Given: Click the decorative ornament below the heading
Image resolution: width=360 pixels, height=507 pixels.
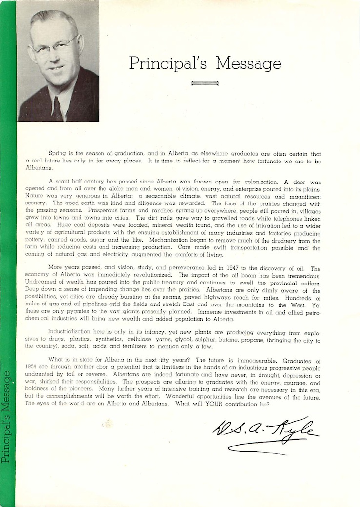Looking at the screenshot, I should click(205, 83).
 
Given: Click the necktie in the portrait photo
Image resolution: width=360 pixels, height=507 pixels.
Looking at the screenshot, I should click(57, 108).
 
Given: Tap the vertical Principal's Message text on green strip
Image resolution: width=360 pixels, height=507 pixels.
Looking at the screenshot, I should click(7, 417).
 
